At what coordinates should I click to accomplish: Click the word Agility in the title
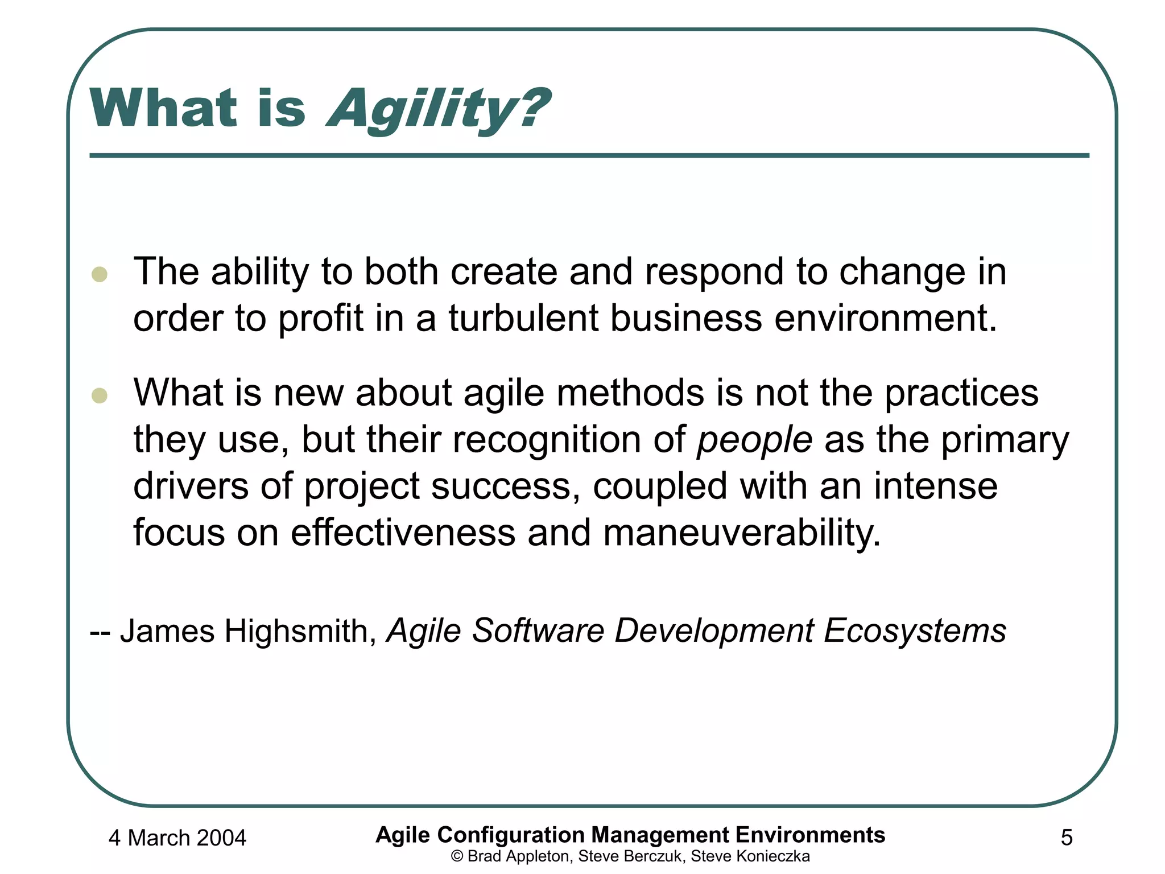point(418,109)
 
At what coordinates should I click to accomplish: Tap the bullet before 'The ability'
point(100,274)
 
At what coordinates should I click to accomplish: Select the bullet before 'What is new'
point(100,395)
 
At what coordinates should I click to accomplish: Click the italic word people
point(755,440)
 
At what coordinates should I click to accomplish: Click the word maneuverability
point(742,533)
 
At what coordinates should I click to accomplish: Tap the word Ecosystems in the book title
point(915,630)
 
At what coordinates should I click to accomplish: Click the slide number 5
point(1067,838)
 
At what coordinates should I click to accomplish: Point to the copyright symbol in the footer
point(456,856)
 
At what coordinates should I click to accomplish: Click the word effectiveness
point(403,533)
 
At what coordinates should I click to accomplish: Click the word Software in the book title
point(538,630)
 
